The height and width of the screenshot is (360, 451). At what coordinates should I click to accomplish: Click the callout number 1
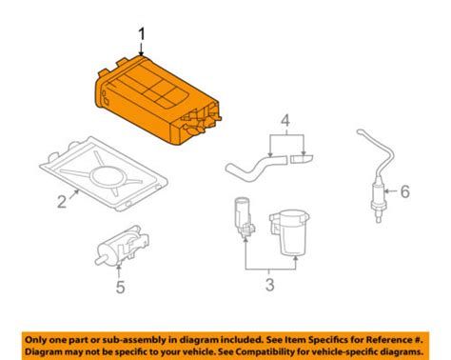142,34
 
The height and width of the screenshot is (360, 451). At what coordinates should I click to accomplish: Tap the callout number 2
62,201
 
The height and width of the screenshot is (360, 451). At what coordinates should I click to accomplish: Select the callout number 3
269,285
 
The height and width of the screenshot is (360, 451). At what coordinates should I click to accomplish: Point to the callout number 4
285,121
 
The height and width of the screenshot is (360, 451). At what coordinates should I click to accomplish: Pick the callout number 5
120,287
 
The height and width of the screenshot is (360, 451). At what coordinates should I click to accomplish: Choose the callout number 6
404,191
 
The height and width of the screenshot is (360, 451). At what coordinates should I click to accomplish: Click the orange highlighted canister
157,100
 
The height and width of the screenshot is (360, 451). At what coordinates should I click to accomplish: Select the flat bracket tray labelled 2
104,173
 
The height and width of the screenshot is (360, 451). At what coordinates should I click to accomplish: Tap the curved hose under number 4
256,167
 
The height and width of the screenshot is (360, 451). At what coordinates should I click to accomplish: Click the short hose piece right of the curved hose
301,158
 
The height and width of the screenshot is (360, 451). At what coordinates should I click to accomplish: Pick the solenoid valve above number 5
122,246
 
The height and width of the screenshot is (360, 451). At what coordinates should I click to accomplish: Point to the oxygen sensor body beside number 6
377,198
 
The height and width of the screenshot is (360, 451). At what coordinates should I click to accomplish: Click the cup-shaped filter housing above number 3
289,232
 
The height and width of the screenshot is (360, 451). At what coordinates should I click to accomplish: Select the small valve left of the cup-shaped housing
245,218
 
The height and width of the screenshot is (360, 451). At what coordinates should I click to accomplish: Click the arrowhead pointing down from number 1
141,54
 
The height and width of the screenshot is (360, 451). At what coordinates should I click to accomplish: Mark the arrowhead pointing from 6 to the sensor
386,191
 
